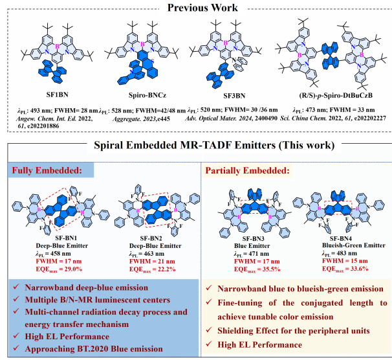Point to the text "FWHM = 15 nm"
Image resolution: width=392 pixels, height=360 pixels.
[332, 260]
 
